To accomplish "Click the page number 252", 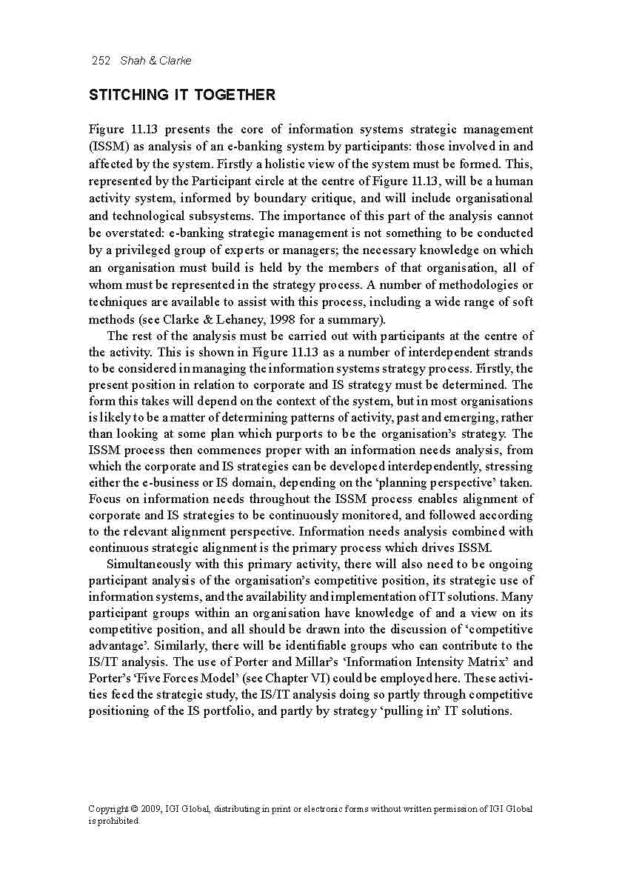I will point(100,61).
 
